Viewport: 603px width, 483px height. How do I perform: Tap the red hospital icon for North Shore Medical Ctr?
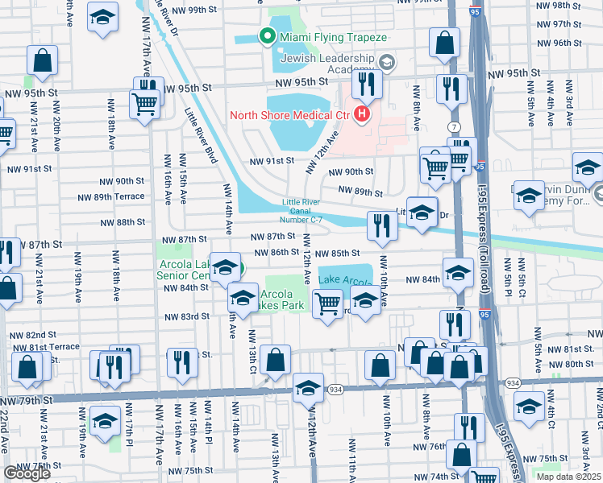pos(361,114)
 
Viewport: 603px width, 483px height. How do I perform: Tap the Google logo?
pos(27,473)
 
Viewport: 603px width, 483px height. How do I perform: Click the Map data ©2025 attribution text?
pos(568,477)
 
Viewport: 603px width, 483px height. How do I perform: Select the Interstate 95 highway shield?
pos(480,167)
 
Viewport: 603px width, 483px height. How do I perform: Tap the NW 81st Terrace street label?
pos(44,347)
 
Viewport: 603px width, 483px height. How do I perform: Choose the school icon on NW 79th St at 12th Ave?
pos(307,390)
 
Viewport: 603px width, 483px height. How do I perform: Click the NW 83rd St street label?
pos(184,317)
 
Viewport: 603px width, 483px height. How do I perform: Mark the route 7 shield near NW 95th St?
pos(455,128)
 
